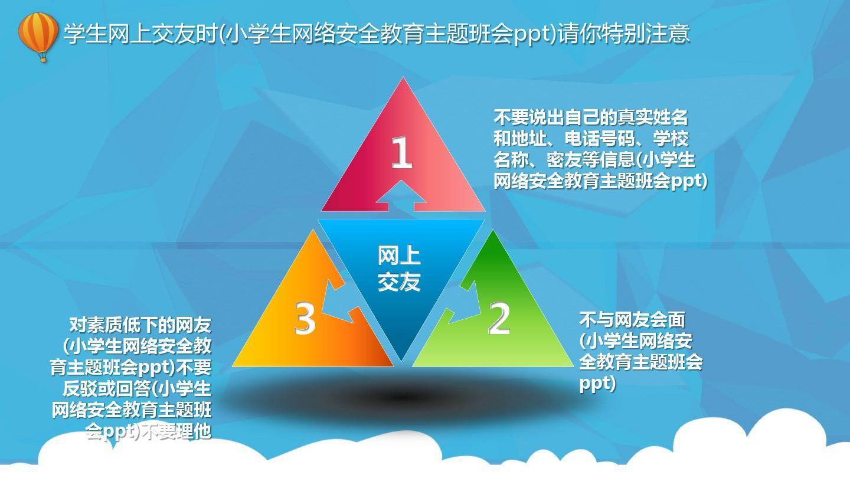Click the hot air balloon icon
[38, 37]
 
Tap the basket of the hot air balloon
[44, 58]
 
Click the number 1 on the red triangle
[402, 152]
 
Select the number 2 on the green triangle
[499, 318]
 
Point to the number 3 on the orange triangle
[305, 318]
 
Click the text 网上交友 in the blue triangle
[399, 269]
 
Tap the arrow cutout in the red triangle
[401, 196]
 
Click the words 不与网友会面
[632, 320]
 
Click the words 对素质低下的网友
[140, 325]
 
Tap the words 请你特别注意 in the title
[624, 34]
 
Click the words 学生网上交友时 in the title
[140, 34]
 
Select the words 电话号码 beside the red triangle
[600, 139]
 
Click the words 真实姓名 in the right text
[653, 117]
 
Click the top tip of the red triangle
[403, 78]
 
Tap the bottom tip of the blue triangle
[401, 361]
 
